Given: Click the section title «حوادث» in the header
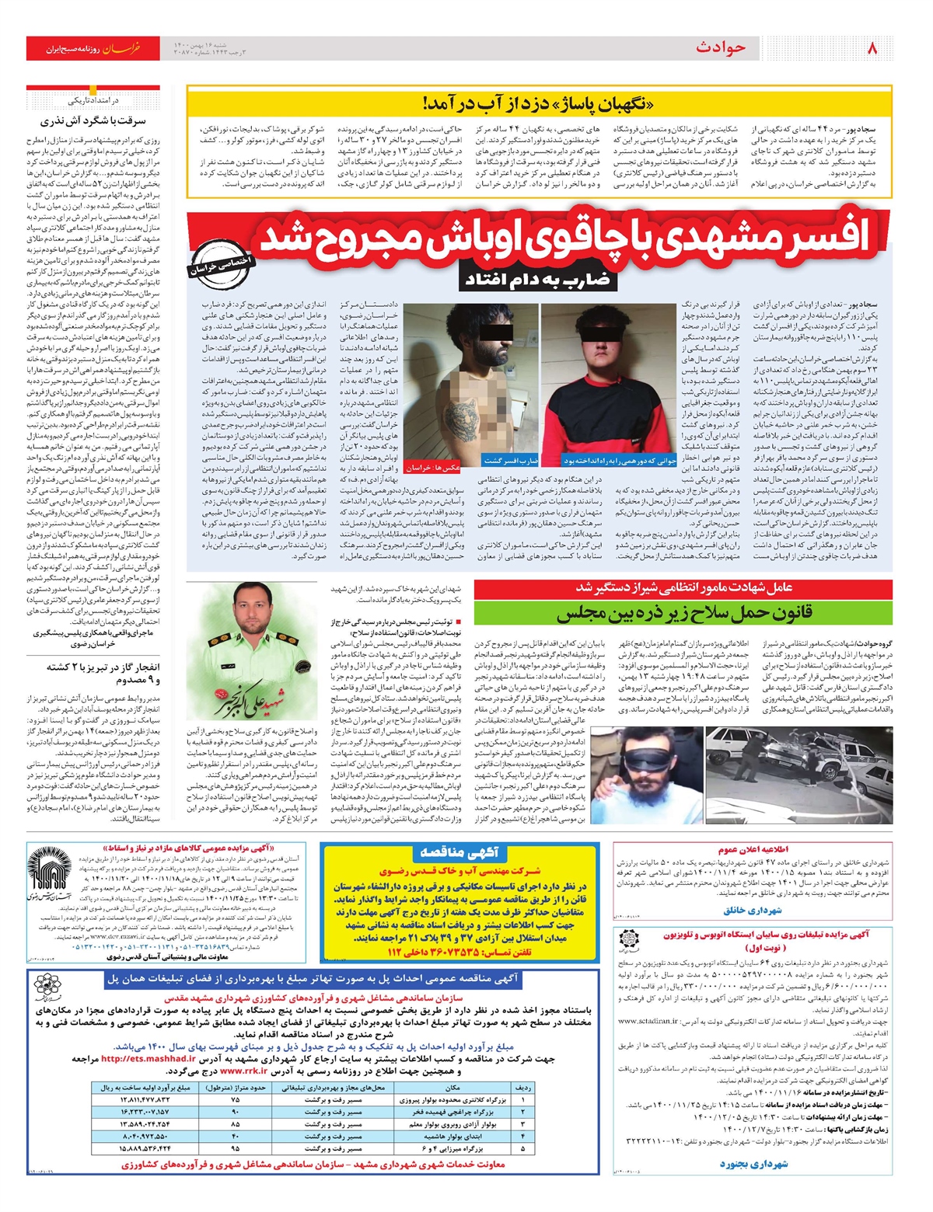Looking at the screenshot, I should point(721,48).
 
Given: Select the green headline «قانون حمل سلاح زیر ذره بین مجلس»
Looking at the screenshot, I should point(684,614).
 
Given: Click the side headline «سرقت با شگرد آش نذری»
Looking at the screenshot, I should point(93,121).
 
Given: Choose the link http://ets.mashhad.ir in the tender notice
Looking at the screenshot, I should point(148,1058).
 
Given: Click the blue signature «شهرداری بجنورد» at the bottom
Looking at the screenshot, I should point(753,1163).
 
